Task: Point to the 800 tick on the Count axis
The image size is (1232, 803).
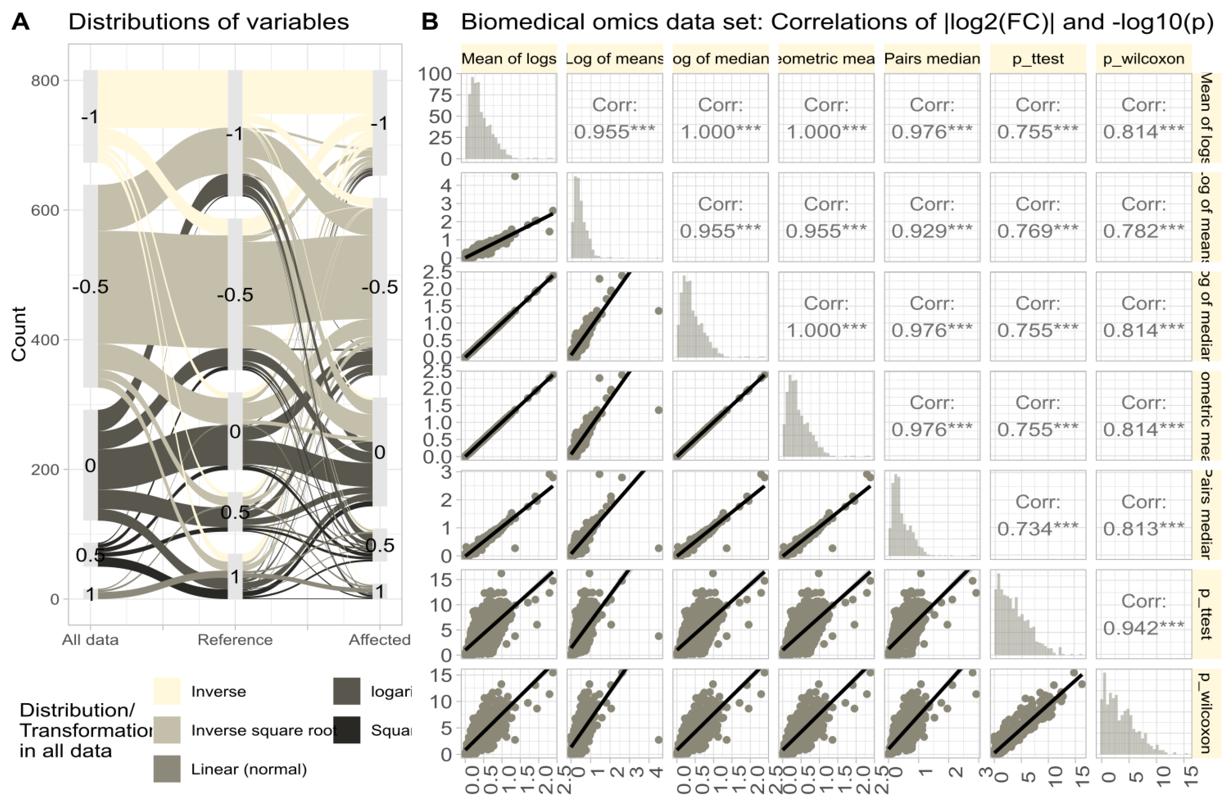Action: [x=45, y=81]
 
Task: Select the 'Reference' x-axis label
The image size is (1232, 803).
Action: [x=235, y=640]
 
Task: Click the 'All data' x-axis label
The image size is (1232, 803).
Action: [x=90, y=640]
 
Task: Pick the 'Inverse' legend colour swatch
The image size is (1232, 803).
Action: [x=167, y=691]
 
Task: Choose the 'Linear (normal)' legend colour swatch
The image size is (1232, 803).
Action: [x=167, y=769]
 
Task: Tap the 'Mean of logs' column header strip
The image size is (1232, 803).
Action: [x=509, y=59]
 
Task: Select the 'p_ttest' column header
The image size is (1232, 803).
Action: [x=1037, y=59]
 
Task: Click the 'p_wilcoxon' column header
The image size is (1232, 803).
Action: [x=1143, y=59]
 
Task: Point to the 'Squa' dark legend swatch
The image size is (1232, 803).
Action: [x=347, y=730]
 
